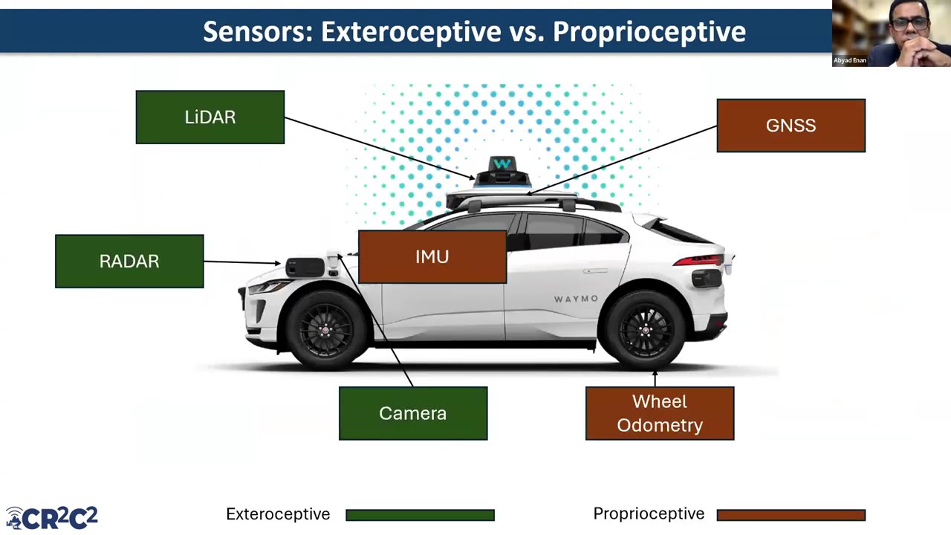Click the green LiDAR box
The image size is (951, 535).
click(x=210, y=117)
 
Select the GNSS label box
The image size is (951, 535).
click(x=791, y=126)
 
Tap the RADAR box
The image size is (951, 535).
click(x=129, y=261)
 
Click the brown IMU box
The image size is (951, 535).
click(x=432, y=257)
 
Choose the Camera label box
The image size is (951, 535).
click(x=413, y=413)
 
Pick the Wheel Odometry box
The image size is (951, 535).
click(x=660, y=413)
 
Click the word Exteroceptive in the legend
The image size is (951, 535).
click(x=278, y=514)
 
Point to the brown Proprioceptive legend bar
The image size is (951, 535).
click(x=791, y=515)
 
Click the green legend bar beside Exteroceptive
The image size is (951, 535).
click(x=421, y=515)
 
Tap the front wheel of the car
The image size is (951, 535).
click(x=325, y=330)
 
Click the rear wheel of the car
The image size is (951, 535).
click(x=644, y=330)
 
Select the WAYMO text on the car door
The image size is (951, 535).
click(x=576, y=299)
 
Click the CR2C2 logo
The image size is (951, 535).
click(x=52, y=518)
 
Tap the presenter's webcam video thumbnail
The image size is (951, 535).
click(x=891, y=33)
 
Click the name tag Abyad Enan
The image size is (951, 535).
click(x=849, y=60)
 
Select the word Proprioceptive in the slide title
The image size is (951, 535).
click(x=649, y=31)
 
